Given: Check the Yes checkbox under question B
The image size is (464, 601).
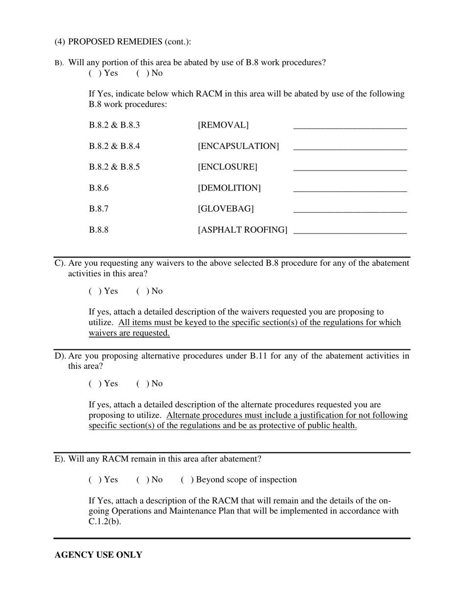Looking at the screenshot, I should (x=94, y=73).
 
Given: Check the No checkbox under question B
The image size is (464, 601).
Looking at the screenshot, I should (x=142, y=73).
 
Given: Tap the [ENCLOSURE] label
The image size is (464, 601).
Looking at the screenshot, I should (x=227, y=167).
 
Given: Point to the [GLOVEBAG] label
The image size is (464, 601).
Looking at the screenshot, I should (x=226, y=209).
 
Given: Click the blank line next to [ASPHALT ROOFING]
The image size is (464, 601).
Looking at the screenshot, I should (x=350, y=230).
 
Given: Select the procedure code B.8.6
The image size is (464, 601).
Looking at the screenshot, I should (x=99, y=188).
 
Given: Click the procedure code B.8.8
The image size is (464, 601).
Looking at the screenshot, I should (x=99, y=230).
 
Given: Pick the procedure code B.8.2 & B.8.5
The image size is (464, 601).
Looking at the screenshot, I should (x=114, y=167).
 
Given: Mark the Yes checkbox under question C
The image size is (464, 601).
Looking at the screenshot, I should (x=94, y=291).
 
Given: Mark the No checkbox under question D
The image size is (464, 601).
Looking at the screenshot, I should (x=142, y=384).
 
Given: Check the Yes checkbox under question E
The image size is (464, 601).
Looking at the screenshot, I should (x=94, y=480).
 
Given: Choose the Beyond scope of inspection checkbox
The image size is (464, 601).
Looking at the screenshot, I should (x=186, y=480).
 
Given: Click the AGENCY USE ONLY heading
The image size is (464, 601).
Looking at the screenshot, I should (x=98, y=555).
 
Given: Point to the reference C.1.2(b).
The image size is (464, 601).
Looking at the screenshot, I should (x=105, y=521).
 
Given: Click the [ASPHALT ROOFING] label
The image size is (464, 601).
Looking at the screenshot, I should (x=242, y=230).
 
